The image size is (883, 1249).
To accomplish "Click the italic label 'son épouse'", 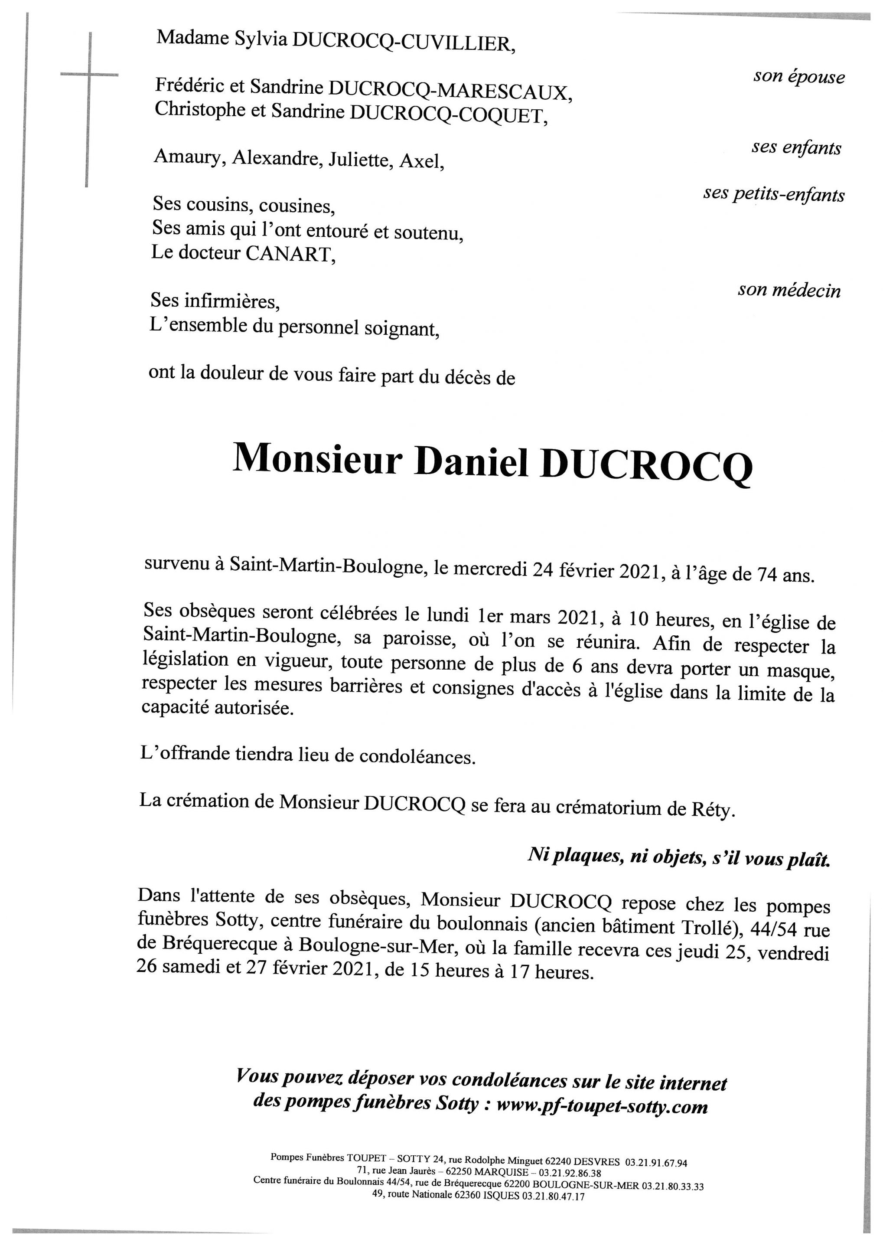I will click(x=799, y=77).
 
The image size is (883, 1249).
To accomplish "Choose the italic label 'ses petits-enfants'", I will click(x=774, y=194).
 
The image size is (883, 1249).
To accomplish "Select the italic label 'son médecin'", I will click(x=789, y=291).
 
